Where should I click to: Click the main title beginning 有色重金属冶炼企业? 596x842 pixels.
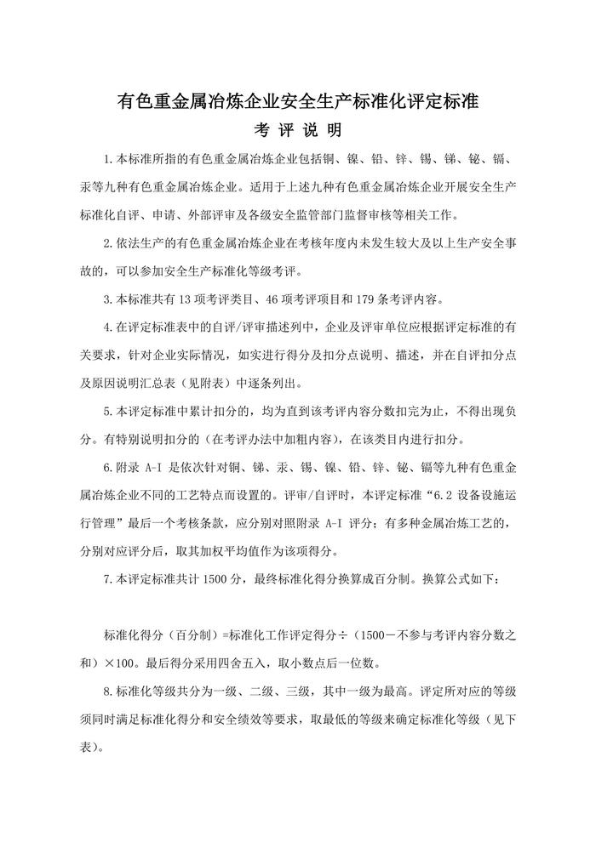298,103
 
